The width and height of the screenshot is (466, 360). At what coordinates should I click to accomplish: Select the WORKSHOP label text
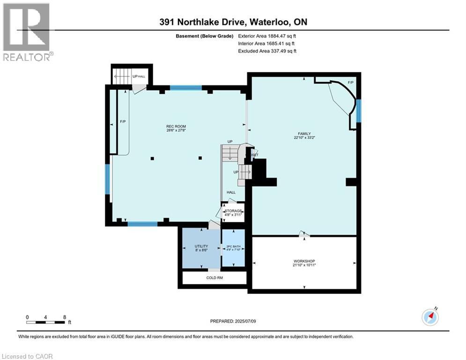click(304, 261)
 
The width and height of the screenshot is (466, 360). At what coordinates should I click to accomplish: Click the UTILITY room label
click(201, 246)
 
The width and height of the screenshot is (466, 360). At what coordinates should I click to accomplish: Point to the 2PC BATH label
click(233, 246)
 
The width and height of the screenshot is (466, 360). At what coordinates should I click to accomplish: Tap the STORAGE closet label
click(233, 211)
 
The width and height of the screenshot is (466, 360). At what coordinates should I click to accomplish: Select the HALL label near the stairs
click(231, 192)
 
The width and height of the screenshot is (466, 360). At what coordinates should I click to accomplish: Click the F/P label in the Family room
click(350, 82)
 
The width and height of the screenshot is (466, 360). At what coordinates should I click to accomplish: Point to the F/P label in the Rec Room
click(123, 122)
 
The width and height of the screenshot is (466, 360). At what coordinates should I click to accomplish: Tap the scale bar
click(46, 322)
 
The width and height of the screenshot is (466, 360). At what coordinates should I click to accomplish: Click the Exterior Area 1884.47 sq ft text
click(267, 36)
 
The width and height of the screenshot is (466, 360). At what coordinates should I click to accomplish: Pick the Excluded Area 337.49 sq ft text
click(267, 51)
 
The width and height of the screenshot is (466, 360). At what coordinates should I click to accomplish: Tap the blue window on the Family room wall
click(358, 111)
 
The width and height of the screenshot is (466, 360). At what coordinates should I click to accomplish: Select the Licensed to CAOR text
click(27, 357)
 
